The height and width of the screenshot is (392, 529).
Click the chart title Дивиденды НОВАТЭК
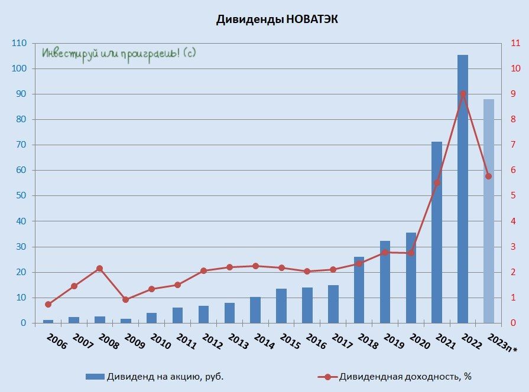point(277,19)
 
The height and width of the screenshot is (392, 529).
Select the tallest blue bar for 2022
point(463,189)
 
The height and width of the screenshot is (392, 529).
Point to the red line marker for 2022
point(463,94)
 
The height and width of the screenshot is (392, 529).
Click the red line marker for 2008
point(99,269)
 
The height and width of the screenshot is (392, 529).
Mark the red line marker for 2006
point(48,304)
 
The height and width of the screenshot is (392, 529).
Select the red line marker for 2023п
point(489,176)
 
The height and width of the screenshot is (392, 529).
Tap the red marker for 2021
point(437,182)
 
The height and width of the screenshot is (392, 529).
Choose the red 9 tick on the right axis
point(512,94)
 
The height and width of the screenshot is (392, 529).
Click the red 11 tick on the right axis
point(514,43)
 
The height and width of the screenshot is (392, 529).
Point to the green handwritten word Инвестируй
point(64,53)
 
